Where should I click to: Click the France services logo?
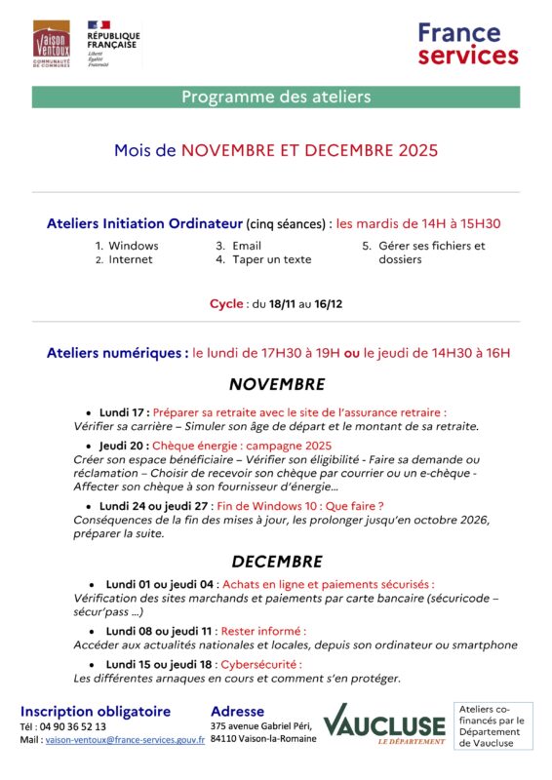coord(467,45)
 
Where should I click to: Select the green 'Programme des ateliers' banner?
coord(276,97)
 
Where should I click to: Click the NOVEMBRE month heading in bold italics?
coord(276,384)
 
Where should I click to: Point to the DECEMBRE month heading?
coord(276,562)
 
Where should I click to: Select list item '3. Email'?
coord(239,246)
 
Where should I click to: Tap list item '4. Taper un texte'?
coord(263,260)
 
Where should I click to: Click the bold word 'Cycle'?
coord(226,304)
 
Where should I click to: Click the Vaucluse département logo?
coord(383,724)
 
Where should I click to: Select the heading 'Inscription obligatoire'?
coord(96,711)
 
